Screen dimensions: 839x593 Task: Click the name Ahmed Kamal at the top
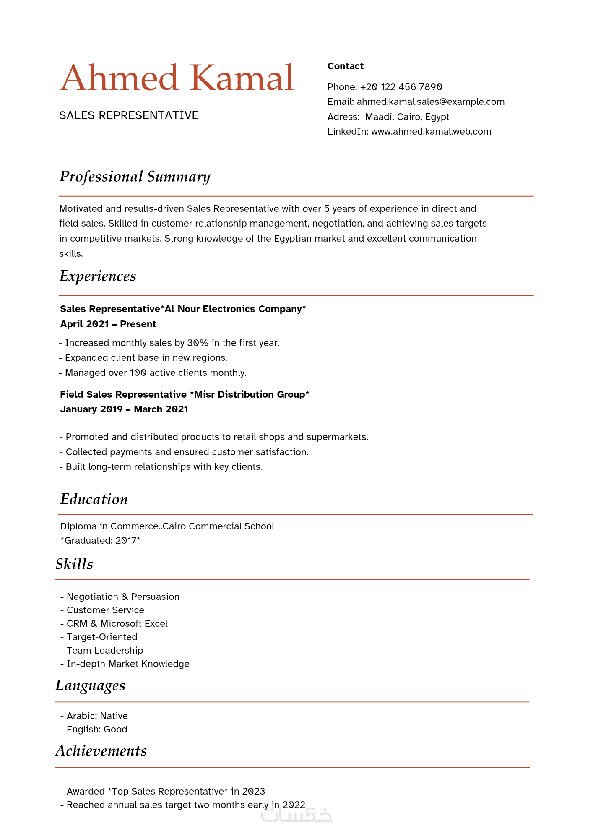click(x=177, y=78)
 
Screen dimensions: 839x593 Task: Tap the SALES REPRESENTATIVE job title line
click(x=129, y=115)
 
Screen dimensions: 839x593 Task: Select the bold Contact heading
click(x=345, y=66)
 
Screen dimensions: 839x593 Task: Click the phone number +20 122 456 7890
click(x=401, y=87)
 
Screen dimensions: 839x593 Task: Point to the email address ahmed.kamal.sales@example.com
click(x=430, y=102)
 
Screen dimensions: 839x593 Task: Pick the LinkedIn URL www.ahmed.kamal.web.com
click(x=431, y=132)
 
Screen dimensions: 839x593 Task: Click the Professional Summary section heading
click(x=135, y=177)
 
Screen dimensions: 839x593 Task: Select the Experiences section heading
click(x=98, y=276)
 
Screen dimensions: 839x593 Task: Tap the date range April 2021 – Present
click(x=108, y=324)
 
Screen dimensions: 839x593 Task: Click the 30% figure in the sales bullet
click(x=198, y=343)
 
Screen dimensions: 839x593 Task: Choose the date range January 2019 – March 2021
click(x=124, y=409)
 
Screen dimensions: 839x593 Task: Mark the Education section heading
click(x=94, y=499)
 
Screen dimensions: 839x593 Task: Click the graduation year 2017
click(x=126, y=541)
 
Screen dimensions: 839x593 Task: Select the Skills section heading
click(x=74, y=564)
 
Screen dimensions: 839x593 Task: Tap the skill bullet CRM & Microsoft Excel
click(x=117, y=624)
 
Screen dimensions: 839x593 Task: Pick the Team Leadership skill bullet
click(x=105, y=651)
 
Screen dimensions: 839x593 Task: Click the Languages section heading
click(x=90, y=685)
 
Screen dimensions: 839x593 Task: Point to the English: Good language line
click(x=97, y=730)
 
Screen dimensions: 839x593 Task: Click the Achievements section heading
click(x=101, y=751)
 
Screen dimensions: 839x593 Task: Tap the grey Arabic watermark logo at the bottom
click(x=296, y=815)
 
